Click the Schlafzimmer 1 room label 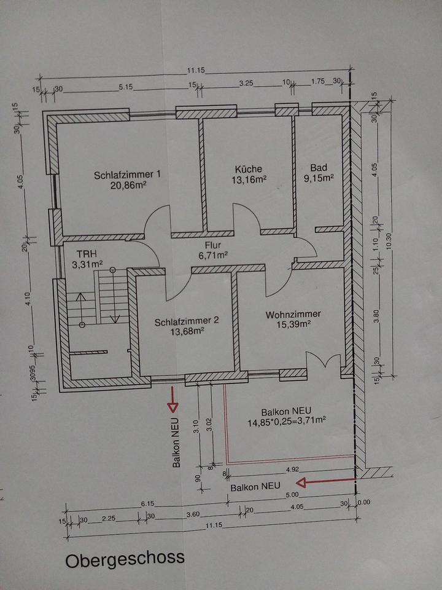[127, 175]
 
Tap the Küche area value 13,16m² [249, 180]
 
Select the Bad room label [319, 167]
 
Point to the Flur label [213, 246]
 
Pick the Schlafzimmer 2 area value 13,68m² [187, 331]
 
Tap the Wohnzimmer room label [293, 314]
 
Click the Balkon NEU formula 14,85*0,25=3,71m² [286, 422]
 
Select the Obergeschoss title [125, 559]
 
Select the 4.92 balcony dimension [293, 469]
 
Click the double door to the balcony [324, 360]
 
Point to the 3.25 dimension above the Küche [246, 84]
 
